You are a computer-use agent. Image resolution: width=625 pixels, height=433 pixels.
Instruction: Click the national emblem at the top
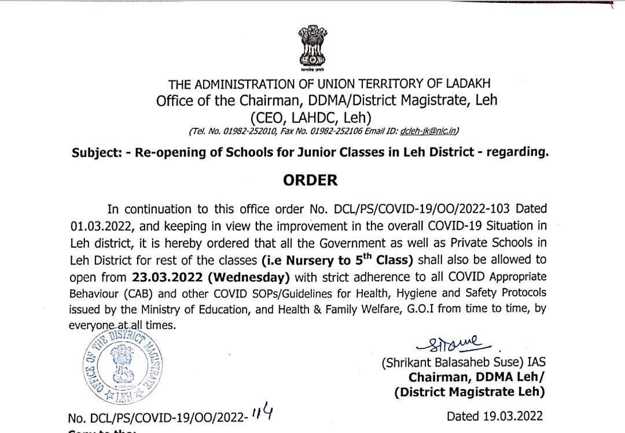coord(312,46)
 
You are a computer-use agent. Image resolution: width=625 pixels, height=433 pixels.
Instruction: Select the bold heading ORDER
coord(311,181)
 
